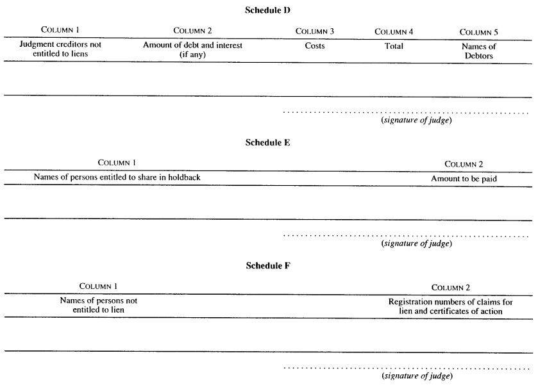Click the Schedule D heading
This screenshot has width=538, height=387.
(x=267, y=10)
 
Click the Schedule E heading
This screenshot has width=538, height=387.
(x=267, y=143)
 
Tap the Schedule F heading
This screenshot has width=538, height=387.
(x=268, y=266)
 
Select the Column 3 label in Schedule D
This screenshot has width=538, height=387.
(x=315, y=31)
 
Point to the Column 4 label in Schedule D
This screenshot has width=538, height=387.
(x=394, y=32)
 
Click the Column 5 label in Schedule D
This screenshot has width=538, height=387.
(x=478, y=32)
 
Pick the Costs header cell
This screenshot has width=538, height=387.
(x=315, y=45)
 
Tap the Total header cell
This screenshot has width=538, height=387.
(x=394, y=46)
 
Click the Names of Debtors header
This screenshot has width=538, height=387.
(x=478, y=51)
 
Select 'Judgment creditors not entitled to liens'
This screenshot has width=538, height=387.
(x=60, y=49)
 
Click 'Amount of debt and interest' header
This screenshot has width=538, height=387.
(x=192, y=45)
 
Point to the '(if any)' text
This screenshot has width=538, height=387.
(x=192, y=54)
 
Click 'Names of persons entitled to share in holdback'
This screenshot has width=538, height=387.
(x=117, y=177)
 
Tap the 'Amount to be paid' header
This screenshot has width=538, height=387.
(x=464, y=179)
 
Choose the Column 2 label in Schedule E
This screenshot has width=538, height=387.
(x=464, y=164)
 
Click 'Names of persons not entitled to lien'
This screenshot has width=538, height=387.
(x=99, y=305)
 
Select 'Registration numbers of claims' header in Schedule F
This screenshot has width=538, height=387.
(x=451, y=302)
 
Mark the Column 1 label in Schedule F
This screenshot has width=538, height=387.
(x=99, y=286)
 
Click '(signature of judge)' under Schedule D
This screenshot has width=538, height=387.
(x=417, y=120)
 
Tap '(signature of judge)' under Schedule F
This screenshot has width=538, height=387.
(x=417, y=376)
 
